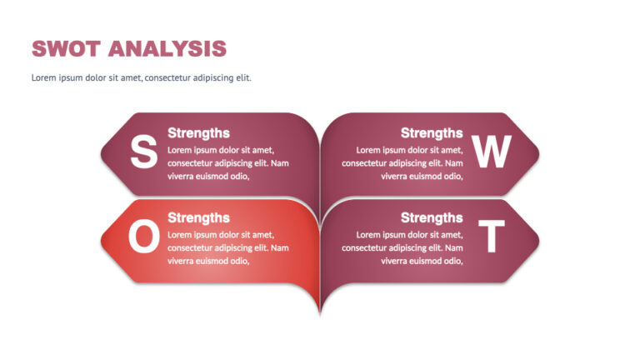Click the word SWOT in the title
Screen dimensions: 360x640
(67, 48)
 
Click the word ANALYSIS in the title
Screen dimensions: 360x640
(167, 48)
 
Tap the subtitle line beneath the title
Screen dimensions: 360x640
(141, 77)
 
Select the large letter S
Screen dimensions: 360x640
(143, 152)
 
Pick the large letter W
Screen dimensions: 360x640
(491, 152)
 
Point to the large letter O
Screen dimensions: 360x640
(143, 237)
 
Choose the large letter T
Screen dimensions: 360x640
(492, 237)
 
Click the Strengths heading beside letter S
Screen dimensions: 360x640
(198, 132)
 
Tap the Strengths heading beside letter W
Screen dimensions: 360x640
(432, 132)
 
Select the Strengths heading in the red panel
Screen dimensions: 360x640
(198, 217)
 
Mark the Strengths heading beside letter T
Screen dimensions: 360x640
(432, 217)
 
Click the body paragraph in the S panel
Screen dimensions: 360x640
(227, 162)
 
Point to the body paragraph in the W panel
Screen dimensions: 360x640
(402, 162)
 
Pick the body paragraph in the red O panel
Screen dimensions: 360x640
(227, 247)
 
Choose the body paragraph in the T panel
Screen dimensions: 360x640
(402, 247)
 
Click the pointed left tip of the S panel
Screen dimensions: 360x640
(103, 153)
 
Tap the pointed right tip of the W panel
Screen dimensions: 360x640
(537, 153)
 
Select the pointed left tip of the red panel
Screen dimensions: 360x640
(103, 240)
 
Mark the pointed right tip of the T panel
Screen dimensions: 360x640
(537, 240)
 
